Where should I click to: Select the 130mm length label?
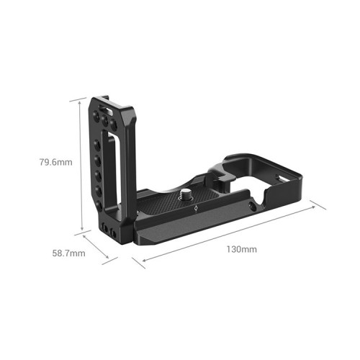(240, 249)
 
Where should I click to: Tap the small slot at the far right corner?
(282, 175)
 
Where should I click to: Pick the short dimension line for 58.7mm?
(100, 247)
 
